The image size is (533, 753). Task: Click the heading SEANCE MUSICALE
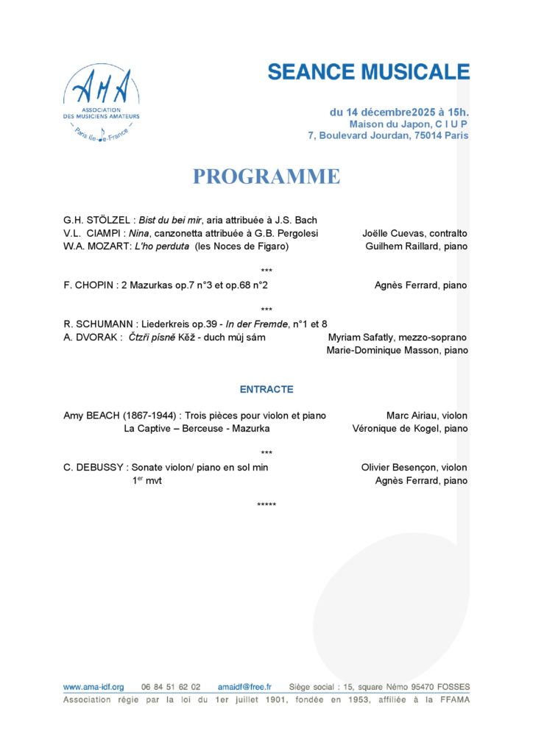pyautogui.click(x=368, y=72)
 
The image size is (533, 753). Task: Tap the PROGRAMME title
pyautogui.click(x=266, y=177)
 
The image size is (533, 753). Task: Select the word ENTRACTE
pyautogui.click(x=266, y=390)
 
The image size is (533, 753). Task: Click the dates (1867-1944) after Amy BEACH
pyautogui.click(x=147, y=415)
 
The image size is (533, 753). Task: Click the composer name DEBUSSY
pyautogui.click(x=98, y=468)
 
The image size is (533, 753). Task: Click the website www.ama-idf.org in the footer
pyautogui.click(x=93, y=687)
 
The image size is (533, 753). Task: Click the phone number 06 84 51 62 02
pyautogui.click(x=171, y=687)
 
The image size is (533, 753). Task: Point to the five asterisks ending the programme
pyautogui.click(x=266, y=505)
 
